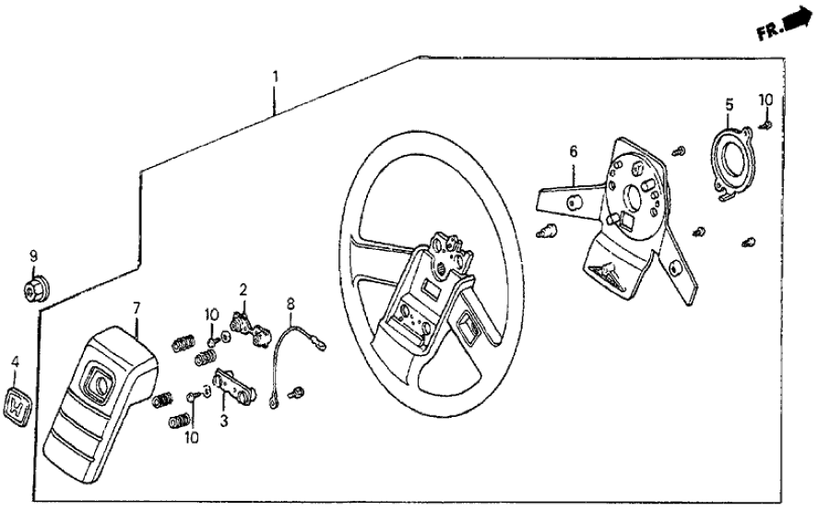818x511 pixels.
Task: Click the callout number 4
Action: pos(15,362)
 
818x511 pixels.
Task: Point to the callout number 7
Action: pos(136,306)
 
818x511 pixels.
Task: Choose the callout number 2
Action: pos(243,290)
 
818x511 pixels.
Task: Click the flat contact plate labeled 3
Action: pos(233,386)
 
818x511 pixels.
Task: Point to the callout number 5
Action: pos(728,104)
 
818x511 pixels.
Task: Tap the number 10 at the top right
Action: pos(765,99)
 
